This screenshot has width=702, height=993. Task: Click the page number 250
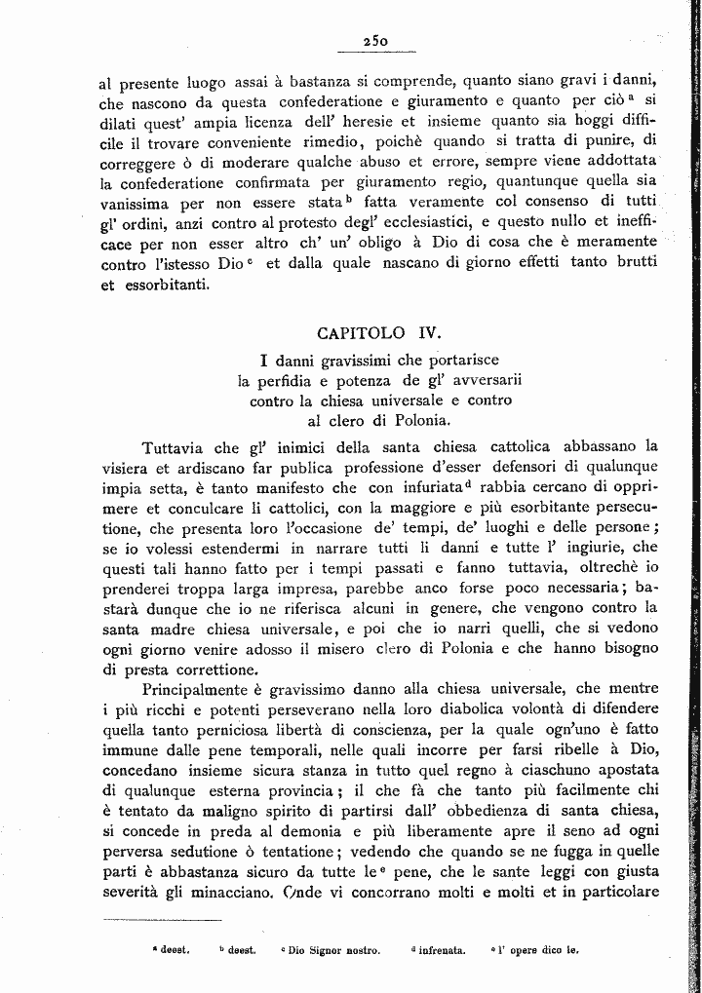(x=375, y=41)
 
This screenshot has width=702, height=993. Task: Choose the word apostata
(x=623, y=769)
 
